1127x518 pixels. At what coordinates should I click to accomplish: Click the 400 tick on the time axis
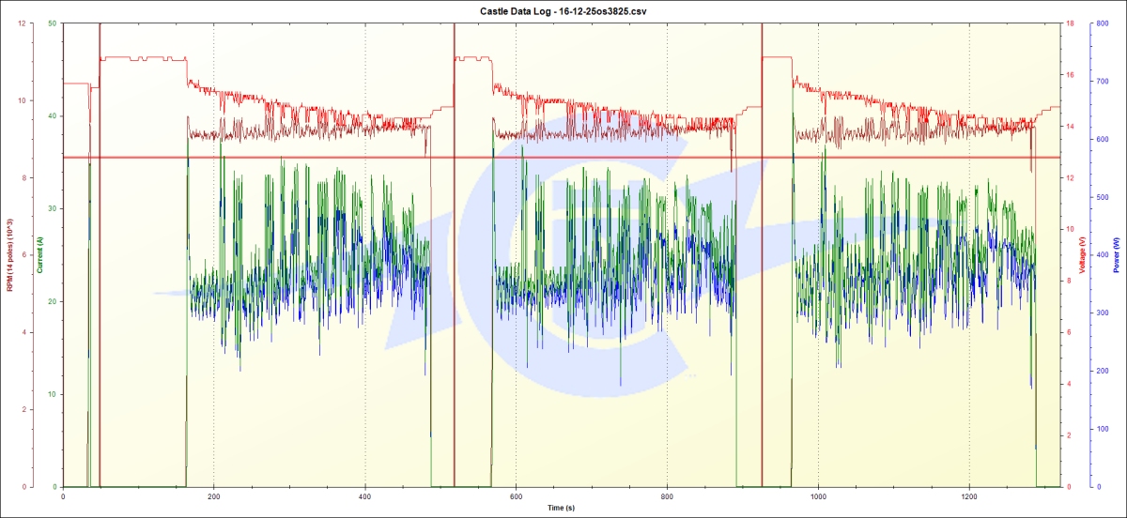tap(365, 495)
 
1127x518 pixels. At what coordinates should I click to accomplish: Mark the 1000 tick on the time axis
tap(818, 495)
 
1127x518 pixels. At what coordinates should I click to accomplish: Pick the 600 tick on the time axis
tap(516, 495)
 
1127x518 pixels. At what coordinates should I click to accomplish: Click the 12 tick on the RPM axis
tap(21, 23)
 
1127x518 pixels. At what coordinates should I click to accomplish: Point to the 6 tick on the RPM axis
tap(21, 255)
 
